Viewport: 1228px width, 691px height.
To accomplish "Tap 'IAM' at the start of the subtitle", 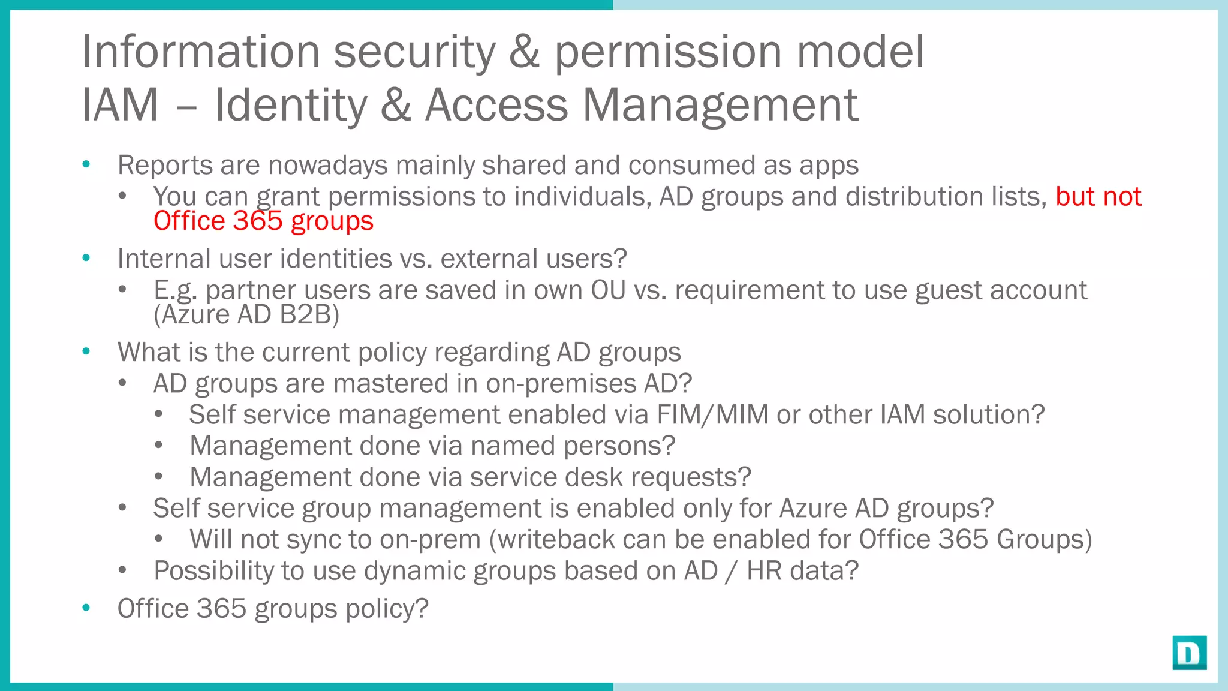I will coord(120,106).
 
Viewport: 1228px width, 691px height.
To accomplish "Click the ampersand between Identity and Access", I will coord(396,106).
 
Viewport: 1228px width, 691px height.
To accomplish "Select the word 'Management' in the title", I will coord(720,106).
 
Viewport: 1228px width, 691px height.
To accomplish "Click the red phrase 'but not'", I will coord(1098,197).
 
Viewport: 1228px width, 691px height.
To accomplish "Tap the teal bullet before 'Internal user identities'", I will coord(86,258).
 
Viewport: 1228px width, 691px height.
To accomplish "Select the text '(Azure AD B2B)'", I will coord(246,314).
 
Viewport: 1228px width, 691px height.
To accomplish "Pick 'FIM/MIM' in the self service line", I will coord(712,415).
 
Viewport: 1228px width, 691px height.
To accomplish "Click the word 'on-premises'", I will coord(561,384).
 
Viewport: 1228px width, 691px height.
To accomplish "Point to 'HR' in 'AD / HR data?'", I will coord(764,571).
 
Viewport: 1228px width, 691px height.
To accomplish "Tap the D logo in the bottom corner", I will coord(1189,653).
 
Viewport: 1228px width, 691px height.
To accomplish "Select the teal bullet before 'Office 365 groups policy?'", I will coord(86,608).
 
